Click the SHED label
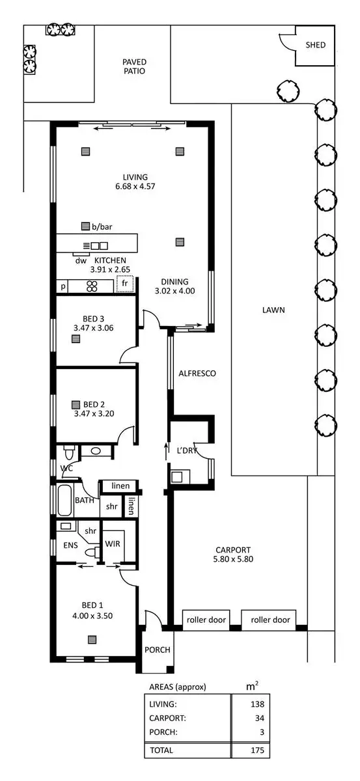(x=316, y=45)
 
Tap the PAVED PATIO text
(x=133, y=66)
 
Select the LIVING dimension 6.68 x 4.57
(x=135, y=186)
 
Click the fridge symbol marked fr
(x=124, y=284)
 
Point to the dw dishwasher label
(x=81, y=260)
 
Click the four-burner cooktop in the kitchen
(x=92, y=285)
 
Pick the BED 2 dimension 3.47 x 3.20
(x=94, y=413)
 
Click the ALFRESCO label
(x=197, y=374)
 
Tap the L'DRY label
(x=188, y=450)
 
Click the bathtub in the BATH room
(x=65, y=502)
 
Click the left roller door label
(x=204, y=620)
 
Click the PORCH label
(x=157, y=650)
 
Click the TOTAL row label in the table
(x=161, y=750)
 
